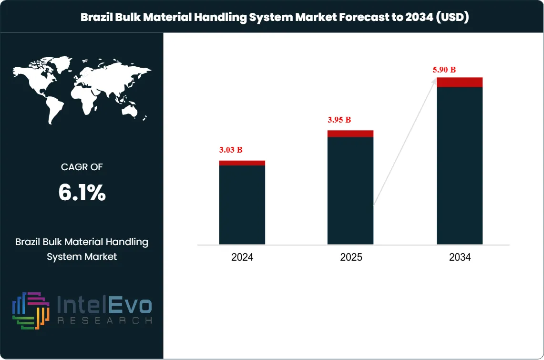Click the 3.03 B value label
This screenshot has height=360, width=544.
231,150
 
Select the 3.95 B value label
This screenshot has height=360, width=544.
339,120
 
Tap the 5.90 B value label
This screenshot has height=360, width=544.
444,70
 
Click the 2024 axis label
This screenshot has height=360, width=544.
242,257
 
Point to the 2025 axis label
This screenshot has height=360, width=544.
351,257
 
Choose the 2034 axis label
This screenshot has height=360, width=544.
460,257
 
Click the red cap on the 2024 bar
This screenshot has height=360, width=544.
242,163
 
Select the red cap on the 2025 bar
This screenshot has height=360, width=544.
350,134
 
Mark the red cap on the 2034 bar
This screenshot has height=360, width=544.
460,82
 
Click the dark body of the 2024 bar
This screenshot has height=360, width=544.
242,205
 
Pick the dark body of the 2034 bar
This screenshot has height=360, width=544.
460,167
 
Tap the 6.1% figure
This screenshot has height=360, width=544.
82,193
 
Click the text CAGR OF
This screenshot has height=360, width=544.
82,167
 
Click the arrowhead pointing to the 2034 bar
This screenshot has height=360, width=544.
434,82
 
